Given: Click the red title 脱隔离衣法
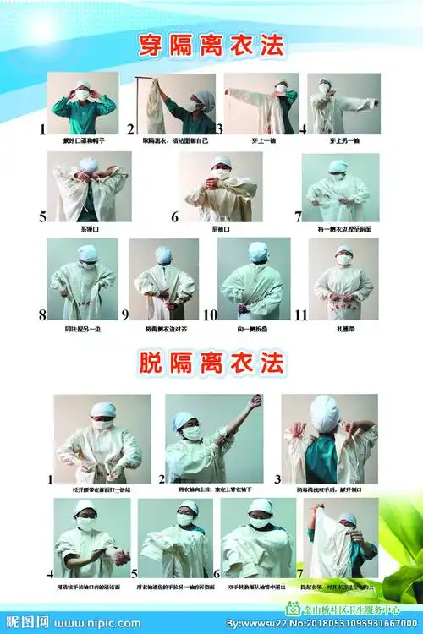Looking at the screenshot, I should point(211,365).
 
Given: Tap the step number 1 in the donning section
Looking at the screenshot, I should point(42,130).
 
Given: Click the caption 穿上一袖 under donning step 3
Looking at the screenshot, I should point(259,140).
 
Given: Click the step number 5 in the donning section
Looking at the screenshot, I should point(42,217).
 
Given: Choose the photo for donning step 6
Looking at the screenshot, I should point(219,187).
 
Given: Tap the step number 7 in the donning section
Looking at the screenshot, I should point(298,217).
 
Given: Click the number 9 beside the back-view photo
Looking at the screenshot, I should point(124,314).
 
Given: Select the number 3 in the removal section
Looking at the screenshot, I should point(276,478).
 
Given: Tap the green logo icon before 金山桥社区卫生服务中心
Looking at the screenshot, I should point(293,607).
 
